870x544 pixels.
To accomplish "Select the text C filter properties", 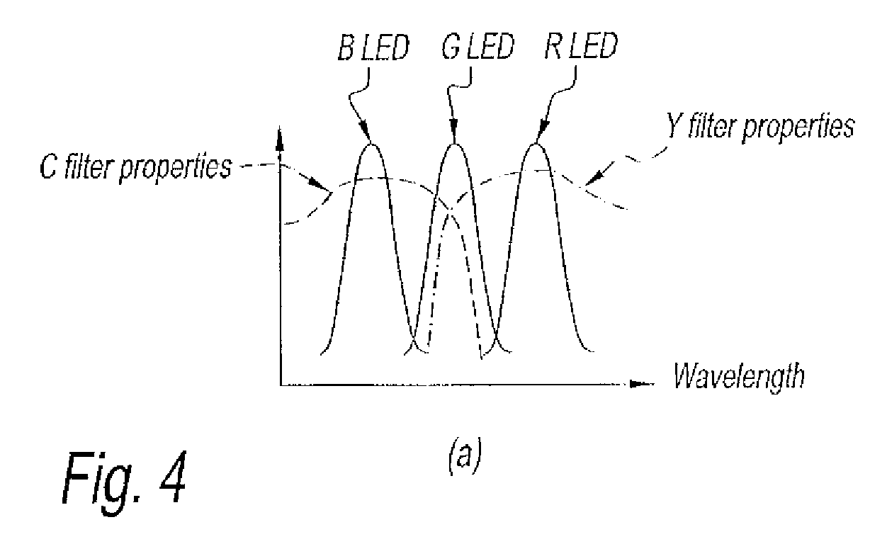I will [x=135, y=169].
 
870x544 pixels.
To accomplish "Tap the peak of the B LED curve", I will [x=371, y=145].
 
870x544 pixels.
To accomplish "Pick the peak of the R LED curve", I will [x=537, y=145].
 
